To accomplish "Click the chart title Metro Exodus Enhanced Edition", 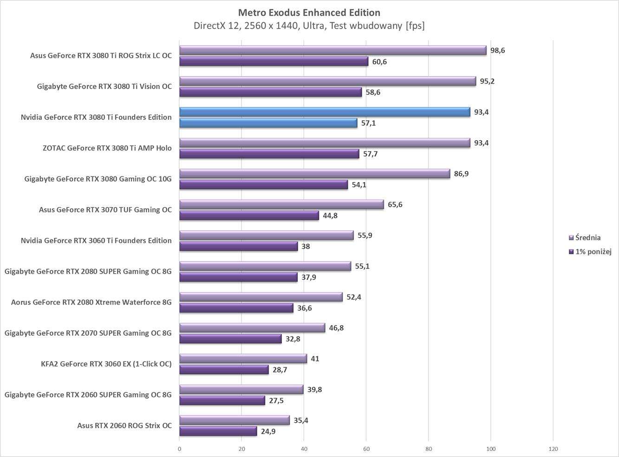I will click(x=309, y=13).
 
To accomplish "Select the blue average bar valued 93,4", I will click(x=325, y=112).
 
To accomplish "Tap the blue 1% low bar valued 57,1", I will click(x=268, y=123).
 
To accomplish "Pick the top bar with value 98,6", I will click(x=332, y=50).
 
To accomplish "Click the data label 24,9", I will click(x=268, y=431).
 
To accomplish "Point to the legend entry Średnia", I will click(x=587, y=238).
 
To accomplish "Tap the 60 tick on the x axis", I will click(x=366, y=449).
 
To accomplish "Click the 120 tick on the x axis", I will click(x=553, y=449).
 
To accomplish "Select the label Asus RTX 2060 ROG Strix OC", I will click(x=124, y=425).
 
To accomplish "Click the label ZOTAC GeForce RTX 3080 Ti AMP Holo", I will click(x=107, y=148).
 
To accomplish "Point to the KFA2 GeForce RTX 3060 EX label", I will click(x=106, y=364).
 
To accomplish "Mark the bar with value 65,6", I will click(x=281, y=204).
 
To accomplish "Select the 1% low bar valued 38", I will click(x=238, y=247).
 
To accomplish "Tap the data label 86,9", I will click(x=461, y=174).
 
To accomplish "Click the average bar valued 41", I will click(x=243, y=359).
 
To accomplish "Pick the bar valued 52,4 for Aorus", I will click(x=261, y=297).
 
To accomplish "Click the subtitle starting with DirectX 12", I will click(x=309, y=26).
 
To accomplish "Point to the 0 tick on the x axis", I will click(x=180, y=449).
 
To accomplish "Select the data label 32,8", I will click(x=293, y=339).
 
